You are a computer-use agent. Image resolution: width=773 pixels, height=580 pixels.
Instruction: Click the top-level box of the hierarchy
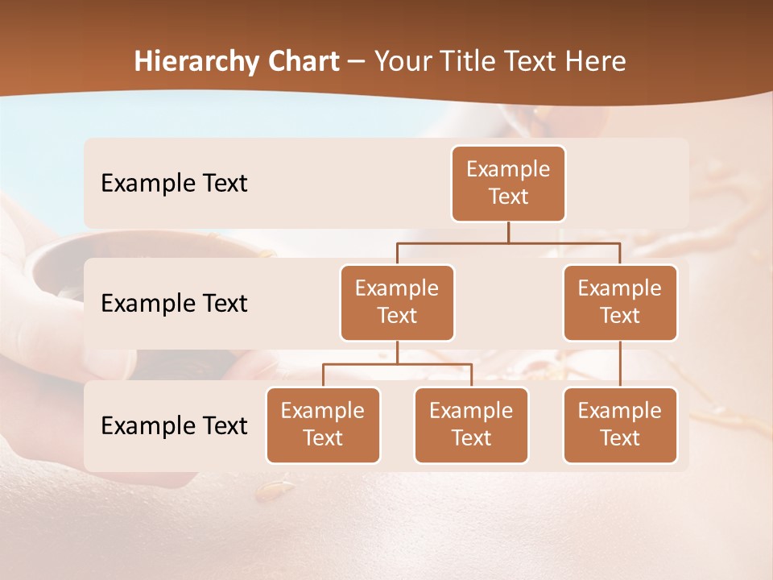pos(508,183)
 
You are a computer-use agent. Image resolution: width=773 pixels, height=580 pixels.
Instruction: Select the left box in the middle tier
pos(397,302)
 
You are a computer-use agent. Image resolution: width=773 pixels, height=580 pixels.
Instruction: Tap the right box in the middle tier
pos(620,302)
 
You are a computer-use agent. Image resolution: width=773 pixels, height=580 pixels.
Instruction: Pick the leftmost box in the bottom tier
pos(323,425)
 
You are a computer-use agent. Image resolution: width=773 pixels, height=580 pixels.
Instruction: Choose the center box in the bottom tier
pos(471,425)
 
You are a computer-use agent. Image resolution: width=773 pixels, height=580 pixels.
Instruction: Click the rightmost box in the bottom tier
pos(620,425)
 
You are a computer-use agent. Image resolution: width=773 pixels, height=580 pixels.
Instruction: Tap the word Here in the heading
pos(595,62)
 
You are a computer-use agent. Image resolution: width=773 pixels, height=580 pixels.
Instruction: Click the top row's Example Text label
pos(174,184)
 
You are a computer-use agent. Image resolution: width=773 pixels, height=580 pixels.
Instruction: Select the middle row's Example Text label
pos(174,304)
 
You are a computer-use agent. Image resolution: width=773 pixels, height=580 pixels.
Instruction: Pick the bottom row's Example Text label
pos(174,426)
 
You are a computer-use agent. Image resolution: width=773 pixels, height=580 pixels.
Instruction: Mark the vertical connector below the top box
pos(508,232)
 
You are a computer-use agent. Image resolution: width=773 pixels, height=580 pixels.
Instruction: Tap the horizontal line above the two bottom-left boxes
pos(397,364)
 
